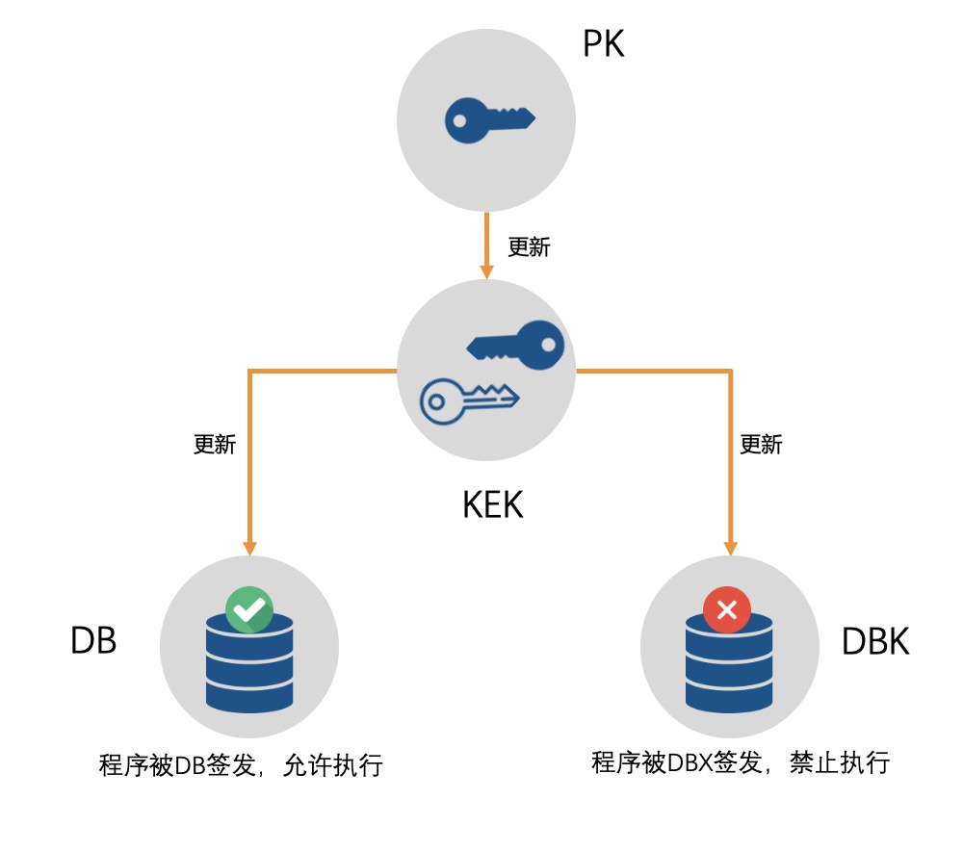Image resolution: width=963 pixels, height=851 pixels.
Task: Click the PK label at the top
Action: [x=604, y=43]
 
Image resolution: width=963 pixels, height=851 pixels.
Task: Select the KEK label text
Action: [x=493, y=504]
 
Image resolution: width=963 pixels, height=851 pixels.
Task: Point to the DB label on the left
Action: [x=93, y=640]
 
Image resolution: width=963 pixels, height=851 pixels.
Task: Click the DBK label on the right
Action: [x=875, y=642]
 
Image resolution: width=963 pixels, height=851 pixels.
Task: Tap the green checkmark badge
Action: [x=249, y=608]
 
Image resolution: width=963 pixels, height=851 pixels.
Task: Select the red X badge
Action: [x=728, y=608]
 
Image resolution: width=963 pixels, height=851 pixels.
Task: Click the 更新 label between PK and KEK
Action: [x=529, y=247]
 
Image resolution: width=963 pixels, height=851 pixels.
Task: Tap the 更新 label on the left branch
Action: [x=214, y=445]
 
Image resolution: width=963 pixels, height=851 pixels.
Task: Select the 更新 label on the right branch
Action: [x=761, y=445]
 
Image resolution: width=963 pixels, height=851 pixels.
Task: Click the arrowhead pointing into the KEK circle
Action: [x=487, y=271]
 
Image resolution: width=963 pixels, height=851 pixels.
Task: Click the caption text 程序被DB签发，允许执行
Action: [x=241, y=766]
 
